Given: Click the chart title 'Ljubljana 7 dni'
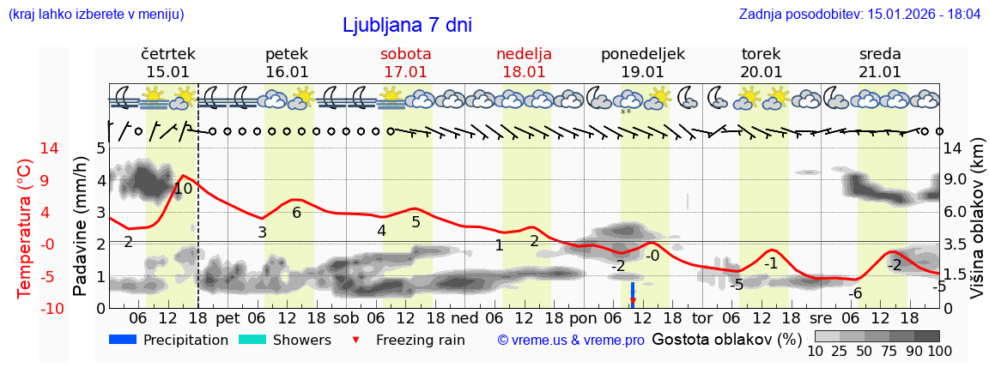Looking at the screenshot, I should tap(407, 26).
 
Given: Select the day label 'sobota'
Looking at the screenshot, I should tap(405, 54).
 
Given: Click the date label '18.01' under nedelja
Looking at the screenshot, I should tap(524, 72).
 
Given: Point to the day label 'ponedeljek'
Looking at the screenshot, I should tap(643, 54).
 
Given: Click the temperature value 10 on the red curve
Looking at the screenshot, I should tap(183, 189).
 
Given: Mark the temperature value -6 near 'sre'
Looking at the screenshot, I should tap(854, 293).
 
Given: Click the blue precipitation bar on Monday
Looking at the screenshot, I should tap(633, 291).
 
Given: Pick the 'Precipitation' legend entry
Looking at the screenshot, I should tap(169, 340).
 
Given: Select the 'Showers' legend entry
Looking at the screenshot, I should tap(284, 340).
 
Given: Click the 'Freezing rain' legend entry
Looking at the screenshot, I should tap(411, 340).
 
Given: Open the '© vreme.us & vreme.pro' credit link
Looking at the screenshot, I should tap(571, 340).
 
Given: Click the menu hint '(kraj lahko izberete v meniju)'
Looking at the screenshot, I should tap(95, 15).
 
